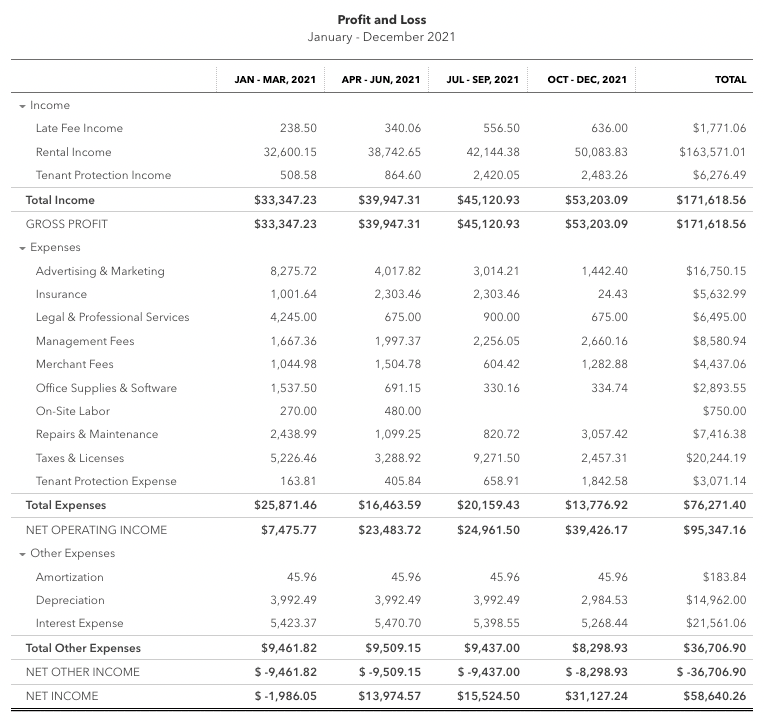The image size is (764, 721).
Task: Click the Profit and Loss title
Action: click(382, 20)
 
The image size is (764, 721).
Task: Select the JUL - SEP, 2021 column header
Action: click(482, 79)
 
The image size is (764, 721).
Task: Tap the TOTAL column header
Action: click(730, 79)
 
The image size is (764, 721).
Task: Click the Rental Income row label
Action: click(73, 152)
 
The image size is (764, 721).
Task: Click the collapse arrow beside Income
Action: click(22, 105)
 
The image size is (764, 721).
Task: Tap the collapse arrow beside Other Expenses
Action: click(22, 553)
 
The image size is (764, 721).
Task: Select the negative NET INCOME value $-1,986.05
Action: click(285, 696)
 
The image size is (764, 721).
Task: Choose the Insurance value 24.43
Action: click(610, 294)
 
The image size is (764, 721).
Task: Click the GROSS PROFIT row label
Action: click(66, 224)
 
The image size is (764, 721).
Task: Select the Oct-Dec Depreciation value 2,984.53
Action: click(604, 600)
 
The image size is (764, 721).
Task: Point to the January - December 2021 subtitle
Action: click(382, 37)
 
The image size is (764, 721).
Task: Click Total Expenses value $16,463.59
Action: click(389, 505)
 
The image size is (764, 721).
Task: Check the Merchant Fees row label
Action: click(75, 364)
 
